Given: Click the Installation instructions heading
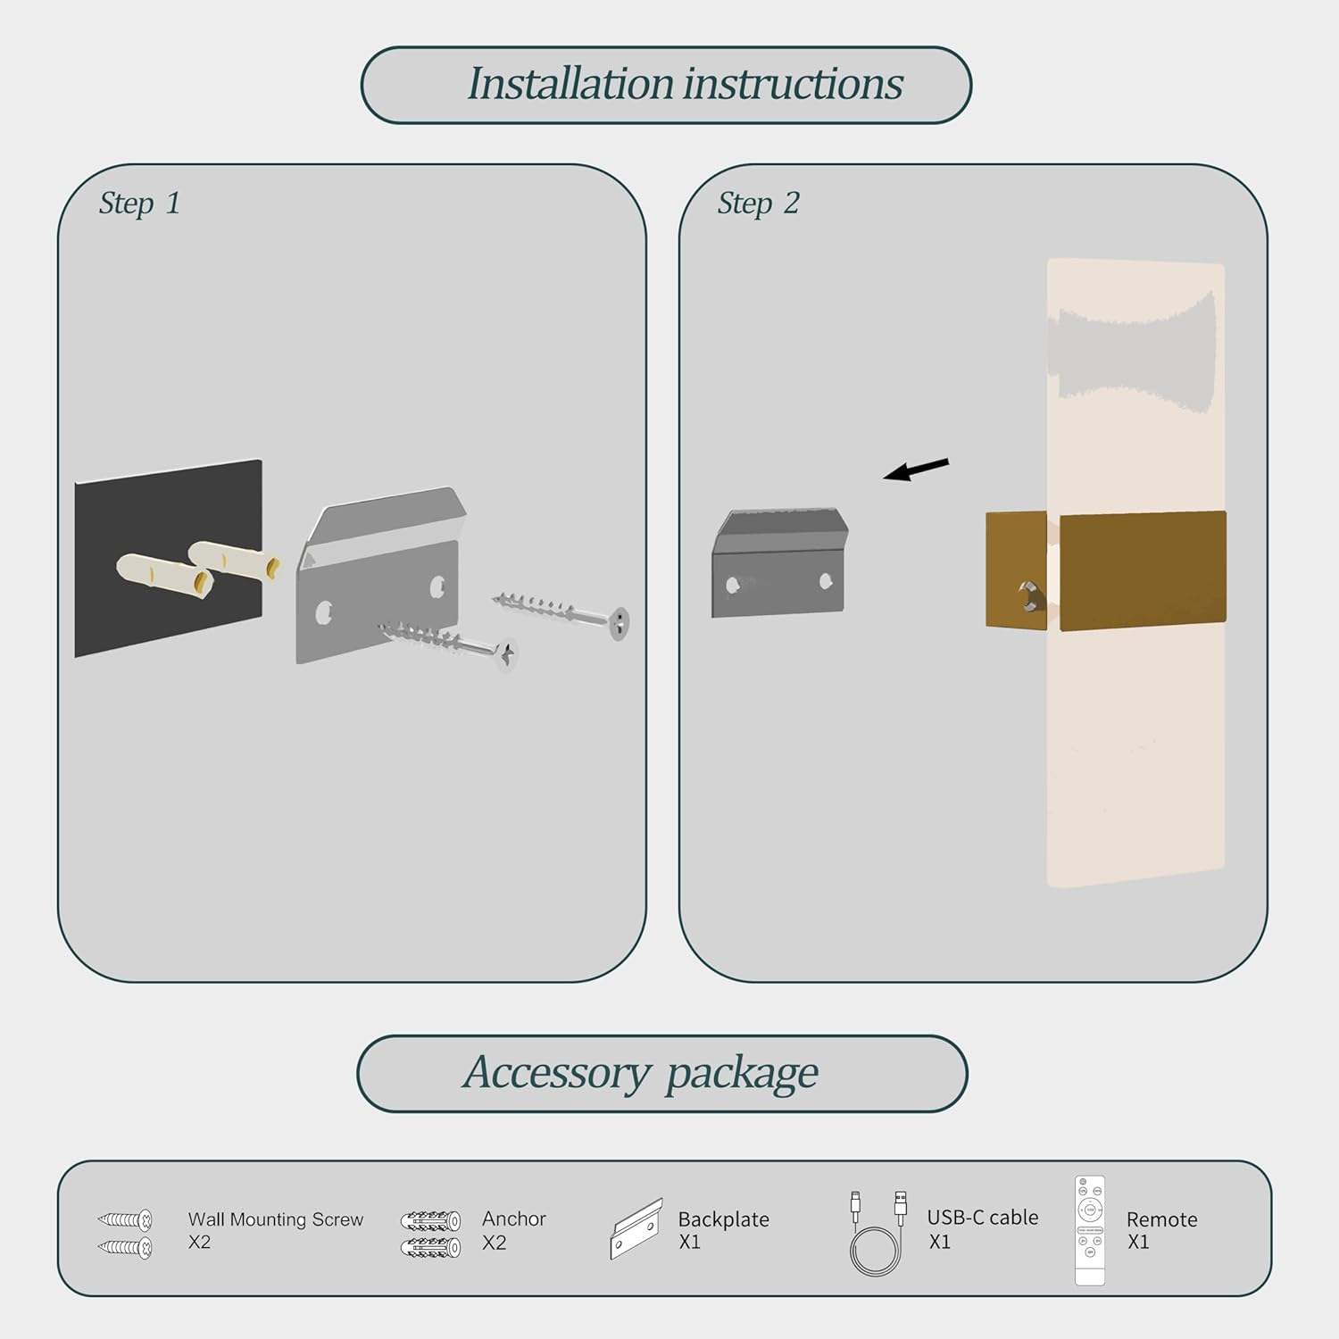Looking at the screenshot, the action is tap(685, 85).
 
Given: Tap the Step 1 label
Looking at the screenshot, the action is tap(139, 204).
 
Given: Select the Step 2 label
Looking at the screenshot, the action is tap(758, 204).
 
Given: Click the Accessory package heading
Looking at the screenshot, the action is tap(640, 1073).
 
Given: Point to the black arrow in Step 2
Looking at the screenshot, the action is tap(916, 469).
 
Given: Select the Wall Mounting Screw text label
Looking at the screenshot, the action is tap(275, 1219).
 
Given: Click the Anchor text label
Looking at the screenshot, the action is tap(513, 1218).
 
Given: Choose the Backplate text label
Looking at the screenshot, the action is tap(723, 1219).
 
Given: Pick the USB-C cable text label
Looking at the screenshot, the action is tap(982, 1218).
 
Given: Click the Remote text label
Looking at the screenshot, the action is tap(1161, 1219).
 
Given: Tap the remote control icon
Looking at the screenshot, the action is tap(1090, 1230).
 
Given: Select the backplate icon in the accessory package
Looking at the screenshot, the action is tap(636, 1229).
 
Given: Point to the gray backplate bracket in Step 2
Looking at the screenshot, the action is tap(778, 564).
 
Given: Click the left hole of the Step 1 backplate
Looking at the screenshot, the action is tap(324, 613).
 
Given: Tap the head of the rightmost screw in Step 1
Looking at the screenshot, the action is tap(619, 622).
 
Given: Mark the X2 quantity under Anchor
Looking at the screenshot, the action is tap(494, 1243).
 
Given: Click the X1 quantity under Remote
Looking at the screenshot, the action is tap(1138, 1242).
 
